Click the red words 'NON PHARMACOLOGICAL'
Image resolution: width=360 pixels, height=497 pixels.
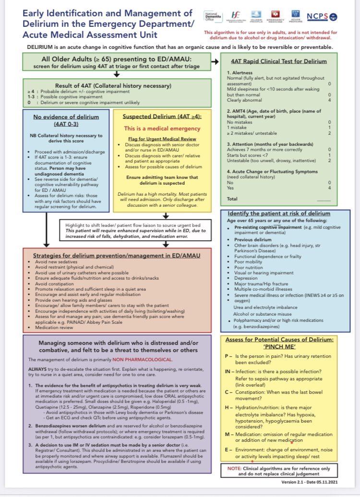tap(139, 359)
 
